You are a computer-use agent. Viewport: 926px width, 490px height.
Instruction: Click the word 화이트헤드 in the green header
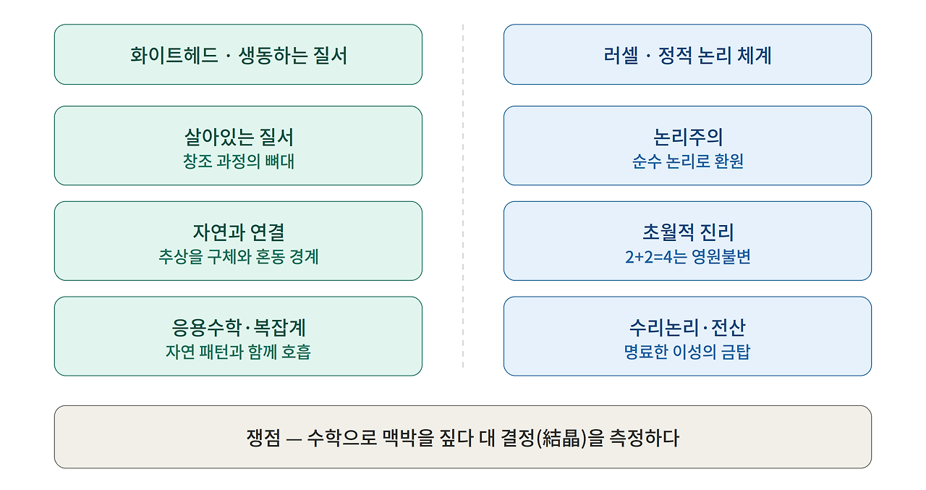[174, 56]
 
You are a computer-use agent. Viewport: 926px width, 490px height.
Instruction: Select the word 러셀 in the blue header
[621, 56]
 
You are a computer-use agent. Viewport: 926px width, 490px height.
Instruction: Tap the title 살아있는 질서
[239, 138]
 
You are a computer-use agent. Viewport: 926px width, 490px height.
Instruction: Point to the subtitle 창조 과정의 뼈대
[239, 161]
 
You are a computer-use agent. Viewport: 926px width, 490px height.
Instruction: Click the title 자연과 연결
[239, 232]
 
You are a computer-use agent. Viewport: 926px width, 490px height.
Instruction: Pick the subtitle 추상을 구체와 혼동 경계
[239, 257]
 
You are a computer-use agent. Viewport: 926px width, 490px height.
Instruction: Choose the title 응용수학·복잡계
[239, 327]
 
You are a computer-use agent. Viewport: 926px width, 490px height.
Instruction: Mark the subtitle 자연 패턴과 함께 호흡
[239, 352]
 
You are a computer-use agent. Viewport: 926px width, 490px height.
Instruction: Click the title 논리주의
[688, 138]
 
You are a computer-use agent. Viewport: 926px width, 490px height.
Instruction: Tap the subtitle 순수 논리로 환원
[688, 161]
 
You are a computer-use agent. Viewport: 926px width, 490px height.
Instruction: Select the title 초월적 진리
[688, 232]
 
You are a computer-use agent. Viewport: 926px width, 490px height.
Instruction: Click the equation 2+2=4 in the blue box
[649, 257]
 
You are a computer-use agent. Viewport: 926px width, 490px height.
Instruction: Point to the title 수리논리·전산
[688, 327]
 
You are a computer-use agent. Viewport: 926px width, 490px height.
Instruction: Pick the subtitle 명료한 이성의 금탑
[688, 352]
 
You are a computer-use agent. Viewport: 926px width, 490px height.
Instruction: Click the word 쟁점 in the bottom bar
[263, 438]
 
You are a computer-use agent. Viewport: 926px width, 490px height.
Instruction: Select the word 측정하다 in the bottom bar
[645, 438]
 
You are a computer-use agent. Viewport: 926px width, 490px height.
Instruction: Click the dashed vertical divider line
[463, 196]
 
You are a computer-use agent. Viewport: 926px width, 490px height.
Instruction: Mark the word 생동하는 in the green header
[273, 56]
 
